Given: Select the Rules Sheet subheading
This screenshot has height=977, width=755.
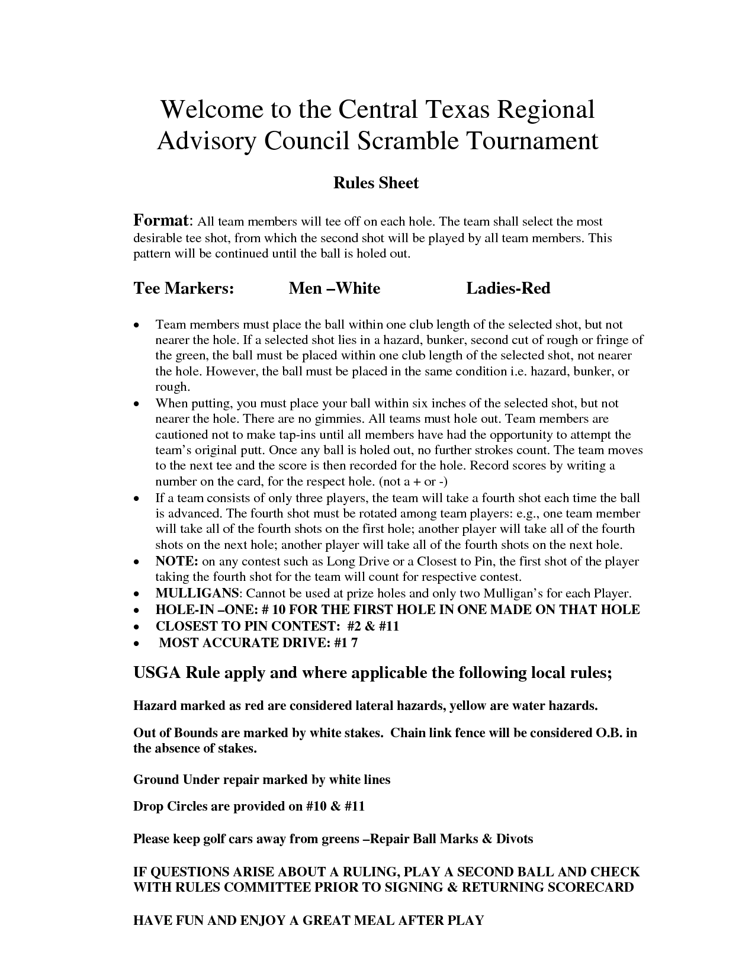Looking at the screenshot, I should click(376, 183).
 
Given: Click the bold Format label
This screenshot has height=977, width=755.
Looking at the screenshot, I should click(160, 221).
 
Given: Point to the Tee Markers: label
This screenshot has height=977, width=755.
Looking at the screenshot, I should click(184, 288).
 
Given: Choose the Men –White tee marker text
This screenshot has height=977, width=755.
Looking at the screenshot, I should click(334, 288).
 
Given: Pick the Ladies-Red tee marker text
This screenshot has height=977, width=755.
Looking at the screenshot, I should click(508, 288).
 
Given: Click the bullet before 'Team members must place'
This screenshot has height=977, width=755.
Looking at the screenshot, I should click(137, 326).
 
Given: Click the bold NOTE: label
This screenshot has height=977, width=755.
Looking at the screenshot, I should click(176, 561).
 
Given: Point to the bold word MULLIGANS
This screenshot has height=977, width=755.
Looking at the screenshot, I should click(197, 593).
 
